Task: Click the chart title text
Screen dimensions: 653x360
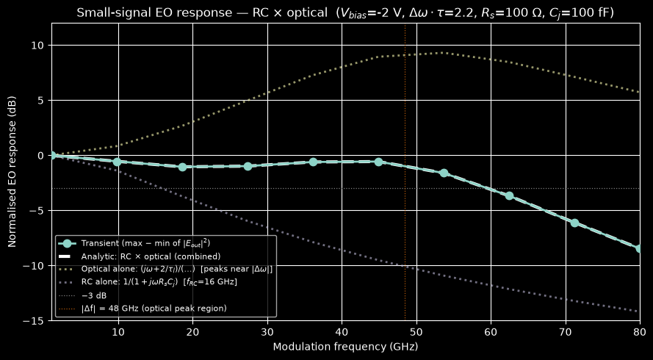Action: click(x=346, y=13)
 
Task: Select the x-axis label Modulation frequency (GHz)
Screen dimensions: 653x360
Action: click(x=346, y=347)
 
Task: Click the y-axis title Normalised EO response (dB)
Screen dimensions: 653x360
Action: click(x=12, y=172)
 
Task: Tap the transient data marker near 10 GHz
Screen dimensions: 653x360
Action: click(x=117, y=162)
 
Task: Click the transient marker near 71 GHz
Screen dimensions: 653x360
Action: click(x=574, y=223)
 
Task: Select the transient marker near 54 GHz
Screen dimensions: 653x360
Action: click(x=444, y=173)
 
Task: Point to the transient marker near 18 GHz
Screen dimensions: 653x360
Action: click(x=182, y=167)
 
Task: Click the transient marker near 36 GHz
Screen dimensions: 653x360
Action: click(x=313, y=162)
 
